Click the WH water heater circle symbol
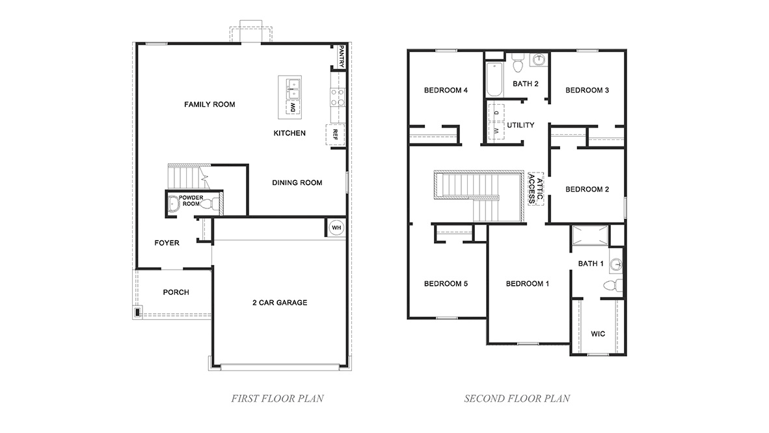336,227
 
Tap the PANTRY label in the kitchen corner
341,57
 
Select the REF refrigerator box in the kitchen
335,133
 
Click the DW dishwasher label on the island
293,107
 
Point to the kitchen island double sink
290,85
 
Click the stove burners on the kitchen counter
337,98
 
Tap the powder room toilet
209,204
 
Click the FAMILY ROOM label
209,104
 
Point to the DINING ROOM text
297,183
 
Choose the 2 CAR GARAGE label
280,302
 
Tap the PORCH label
176,292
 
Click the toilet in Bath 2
518,64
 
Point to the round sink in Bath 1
615,264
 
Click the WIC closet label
598,333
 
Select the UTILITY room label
520,125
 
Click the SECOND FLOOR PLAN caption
517,398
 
